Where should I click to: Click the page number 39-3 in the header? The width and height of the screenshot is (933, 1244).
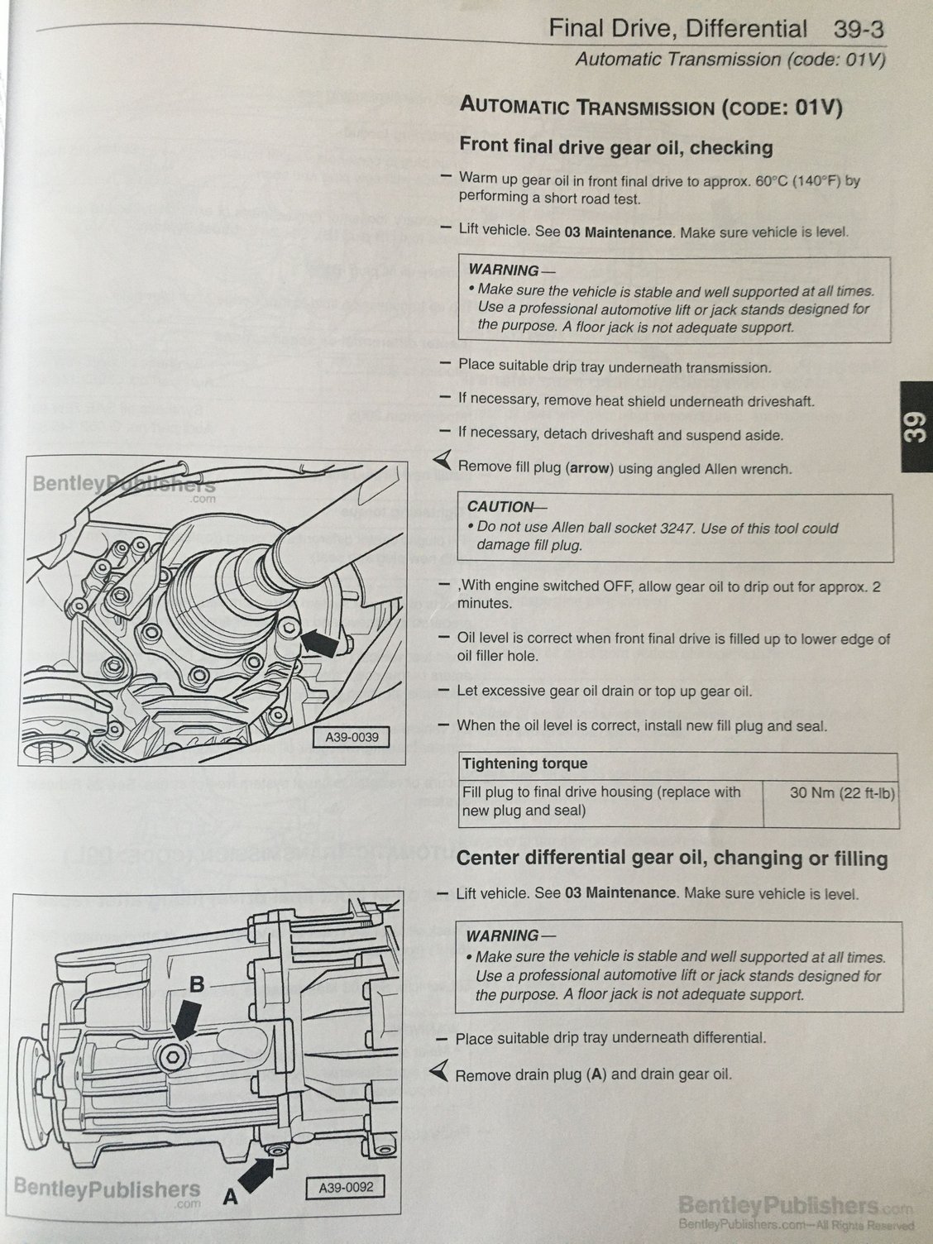tap(854, 29)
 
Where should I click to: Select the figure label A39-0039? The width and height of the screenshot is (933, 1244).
tap(352, 736)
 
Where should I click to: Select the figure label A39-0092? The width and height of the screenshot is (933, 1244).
tap(346, 1188)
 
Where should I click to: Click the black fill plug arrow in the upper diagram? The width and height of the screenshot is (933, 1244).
tap(322, 642)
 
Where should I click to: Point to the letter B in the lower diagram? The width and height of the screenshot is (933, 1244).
tap(197, 984)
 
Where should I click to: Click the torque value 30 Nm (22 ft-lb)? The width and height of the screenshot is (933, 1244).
tap(830, 792)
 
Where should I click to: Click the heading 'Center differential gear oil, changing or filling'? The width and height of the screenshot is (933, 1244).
tap(671, 859)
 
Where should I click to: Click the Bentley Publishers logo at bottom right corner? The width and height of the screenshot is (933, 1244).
tap(795, 1210)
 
